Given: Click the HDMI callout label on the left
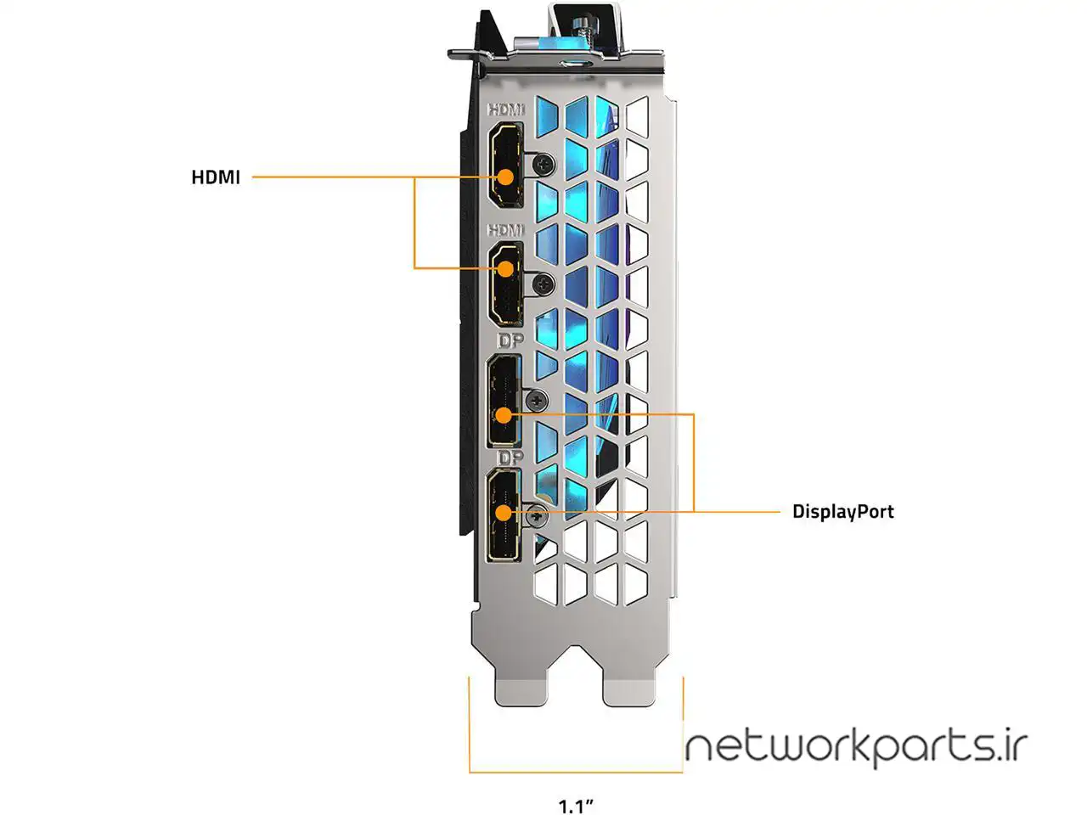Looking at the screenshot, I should click(216, 177).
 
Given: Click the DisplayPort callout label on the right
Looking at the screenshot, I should click(842, 511).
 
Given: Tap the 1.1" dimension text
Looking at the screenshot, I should click(575, 805).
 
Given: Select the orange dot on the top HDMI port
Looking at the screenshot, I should click(506, 177).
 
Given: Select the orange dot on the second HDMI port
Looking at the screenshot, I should click(506, 268).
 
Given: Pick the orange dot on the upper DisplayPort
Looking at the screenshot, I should click(504, 415).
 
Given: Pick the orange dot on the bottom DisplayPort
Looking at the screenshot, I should click(504, 513).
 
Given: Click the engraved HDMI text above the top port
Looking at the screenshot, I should click(507, 110).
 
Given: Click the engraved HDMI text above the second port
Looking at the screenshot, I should click(507, 230).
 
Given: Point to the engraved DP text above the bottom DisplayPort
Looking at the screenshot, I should click(510, 458).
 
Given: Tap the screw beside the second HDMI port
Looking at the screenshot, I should click(544, 284).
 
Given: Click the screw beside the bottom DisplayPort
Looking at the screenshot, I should click(536, 514).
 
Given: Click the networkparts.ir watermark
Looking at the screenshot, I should click(856, 747).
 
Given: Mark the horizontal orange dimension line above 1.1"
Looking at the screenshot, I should click(575, 772).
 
